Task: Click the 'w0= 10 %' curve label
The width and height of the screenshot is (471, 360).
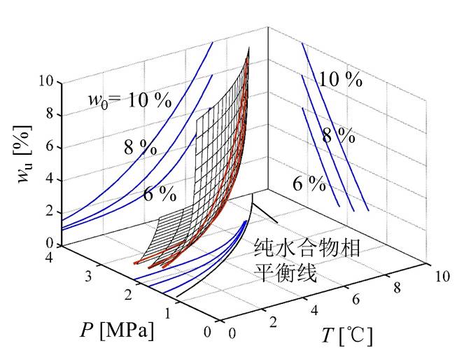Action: point(129,100)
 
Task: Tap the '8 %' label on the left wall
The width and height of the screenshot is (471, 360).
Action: point(141,147)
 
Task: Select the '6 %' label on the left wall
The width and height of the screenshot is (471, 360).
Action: point(160,194)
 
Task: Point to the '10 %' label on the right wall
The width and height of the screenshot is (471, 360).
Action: point(340,79)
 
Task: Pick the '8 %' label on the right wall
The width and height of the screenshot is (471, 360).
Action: point(338,134)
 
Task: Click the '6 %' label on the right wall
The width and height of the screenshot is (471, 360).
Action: point(309,184)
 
